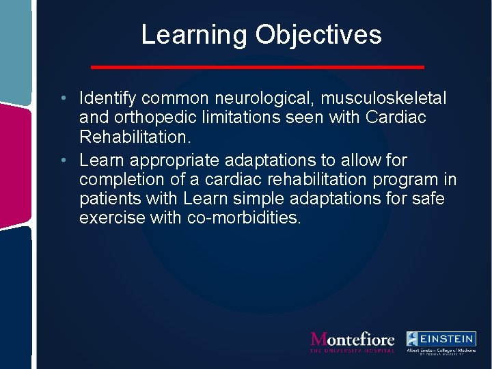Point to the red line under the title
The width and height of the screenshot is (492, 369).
pyautogui.click(x=258, y=67)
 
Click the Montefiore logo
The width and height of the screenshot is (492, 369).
pyautogui.click(x=353, y=340)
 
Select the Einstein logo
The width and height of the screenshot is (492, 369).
pyautogui.click(x=441, y=341)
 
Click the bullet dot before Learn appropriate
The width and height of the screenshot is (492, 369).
pyautogui.click(x=62, y=161)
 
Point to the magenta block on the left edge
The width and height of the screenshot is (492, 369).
pyautogui.click(x=15, y=164)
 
